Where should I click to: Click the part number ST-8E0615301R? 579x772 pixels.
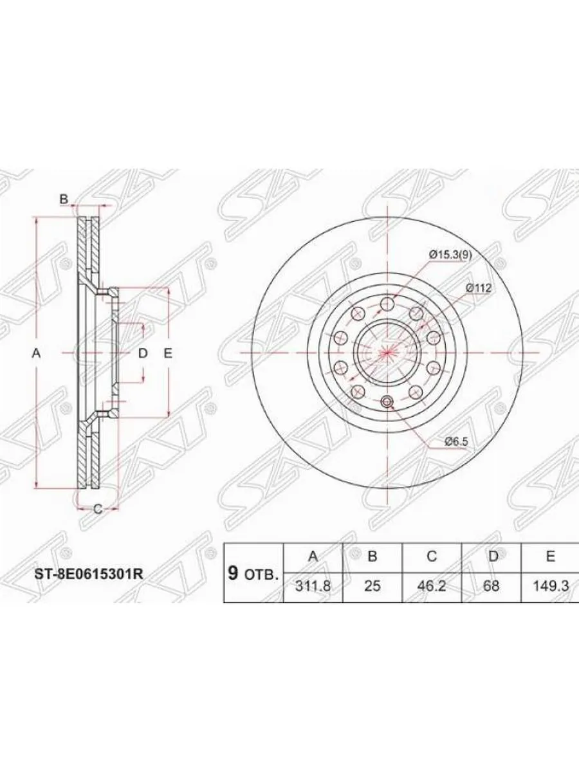(89, 575)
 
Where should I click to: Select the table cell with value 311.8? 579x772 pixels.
(313, 586)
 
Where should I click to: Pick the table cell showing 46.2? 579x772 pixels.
(431, 586)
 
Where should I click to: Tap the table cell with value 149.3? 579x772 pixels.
(550, 586)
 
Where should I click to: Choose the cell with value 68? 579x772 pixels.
(492, 586)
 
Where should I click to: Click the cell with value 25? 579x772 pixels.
(372, 586)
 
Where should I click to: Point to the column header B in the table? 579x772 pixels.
(372, 556)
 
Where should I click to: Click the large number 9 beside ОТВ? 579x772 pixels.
(232, 573)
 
